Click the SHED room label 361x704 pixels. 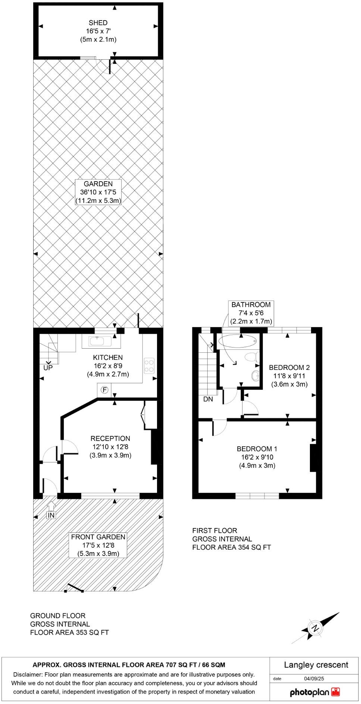[x=98, y=23]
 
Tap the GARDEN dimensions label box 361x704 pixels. [x=98, y=192]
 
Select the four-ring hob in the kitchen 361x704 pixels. [x=149, y=365]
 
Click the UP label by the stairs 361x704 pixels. [x=48, y=368]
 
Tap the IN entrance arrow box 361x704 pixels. [x=51, y=515]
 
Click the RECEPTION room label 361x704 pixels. [x=110, y=439]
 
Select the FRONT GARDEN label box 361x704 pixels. [x=98, y=545]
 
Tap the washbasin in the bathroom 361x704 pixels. [x=255, y=376]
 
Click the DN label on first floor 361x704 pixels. [x=208, y=399]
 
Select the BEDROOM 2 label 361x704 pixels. [x=289, y=367]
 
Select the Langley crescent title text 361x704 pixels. [x=316, y=665]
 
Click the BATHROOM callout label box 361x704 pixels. [x=251, y=313]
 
